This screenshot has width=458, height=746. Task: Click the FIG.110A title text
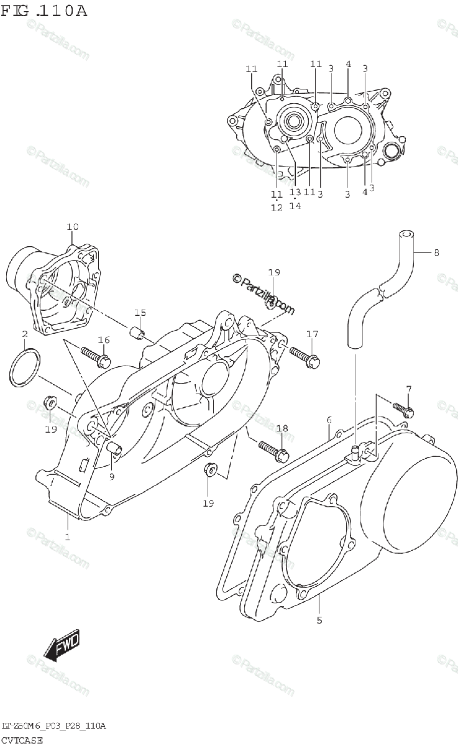pyautogui.click(x=44, y=11)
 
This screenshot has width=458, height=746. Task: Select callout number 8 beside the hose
pyautogui.click(x=436, y=252)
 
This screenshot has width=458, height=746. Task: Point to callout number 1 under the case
pyautogui.click(x=67, y=536)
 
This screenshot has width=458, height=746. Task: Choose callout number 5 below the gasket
pyautogui.click(x=319, y=619)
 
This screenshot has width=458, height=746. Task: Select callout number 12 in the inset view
pyautogui.click(x=277, y=208)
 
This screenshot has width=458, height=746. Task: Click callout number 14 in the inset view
pyautogui.click(x=295, y=206)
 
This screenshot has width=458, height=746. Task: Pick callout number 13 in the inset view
pyautogui.click(x=295, y=192)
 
